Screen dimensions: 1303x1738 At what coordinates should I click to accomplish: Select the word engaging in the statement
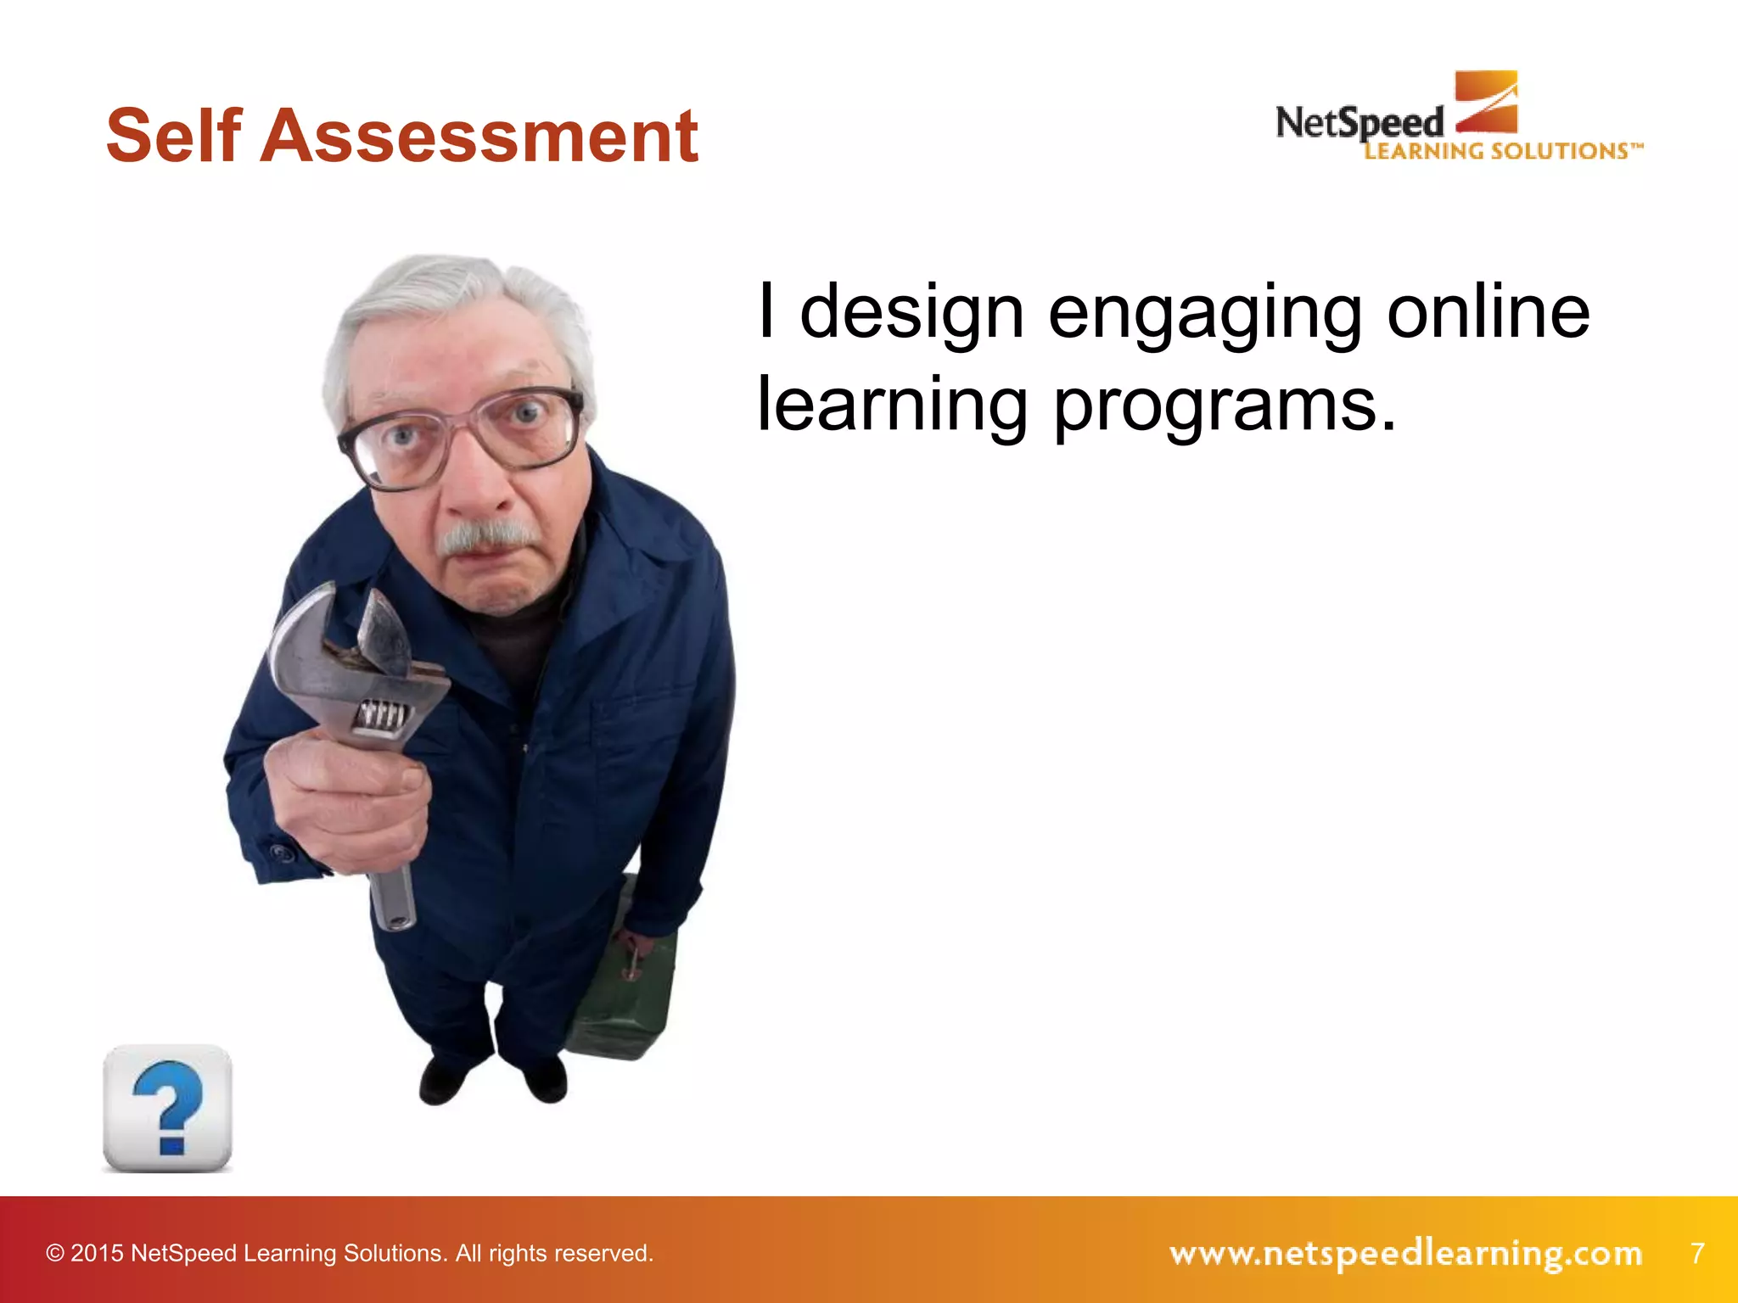pyautogui.click(x=1204, y=314)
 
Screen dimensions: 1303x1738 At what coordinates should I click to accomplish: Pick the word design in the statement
pyautogui.click(x=912, y=314)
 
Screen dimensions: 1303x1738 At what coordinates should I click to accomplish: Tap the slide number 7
pyautogui.click(x=1697, y=1252)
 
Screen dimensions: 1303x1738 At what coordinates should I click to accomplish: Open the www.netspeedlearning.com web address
pyautogui.click(x=1405, y=1253)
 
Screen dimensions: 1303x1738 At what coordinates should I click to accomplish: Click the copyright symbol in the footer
pyautogui.click(x=55, y=1253)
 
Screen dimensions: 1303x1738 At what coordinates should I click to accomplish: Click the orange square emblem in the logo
pyautogui.click(x=1486, y=101)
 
